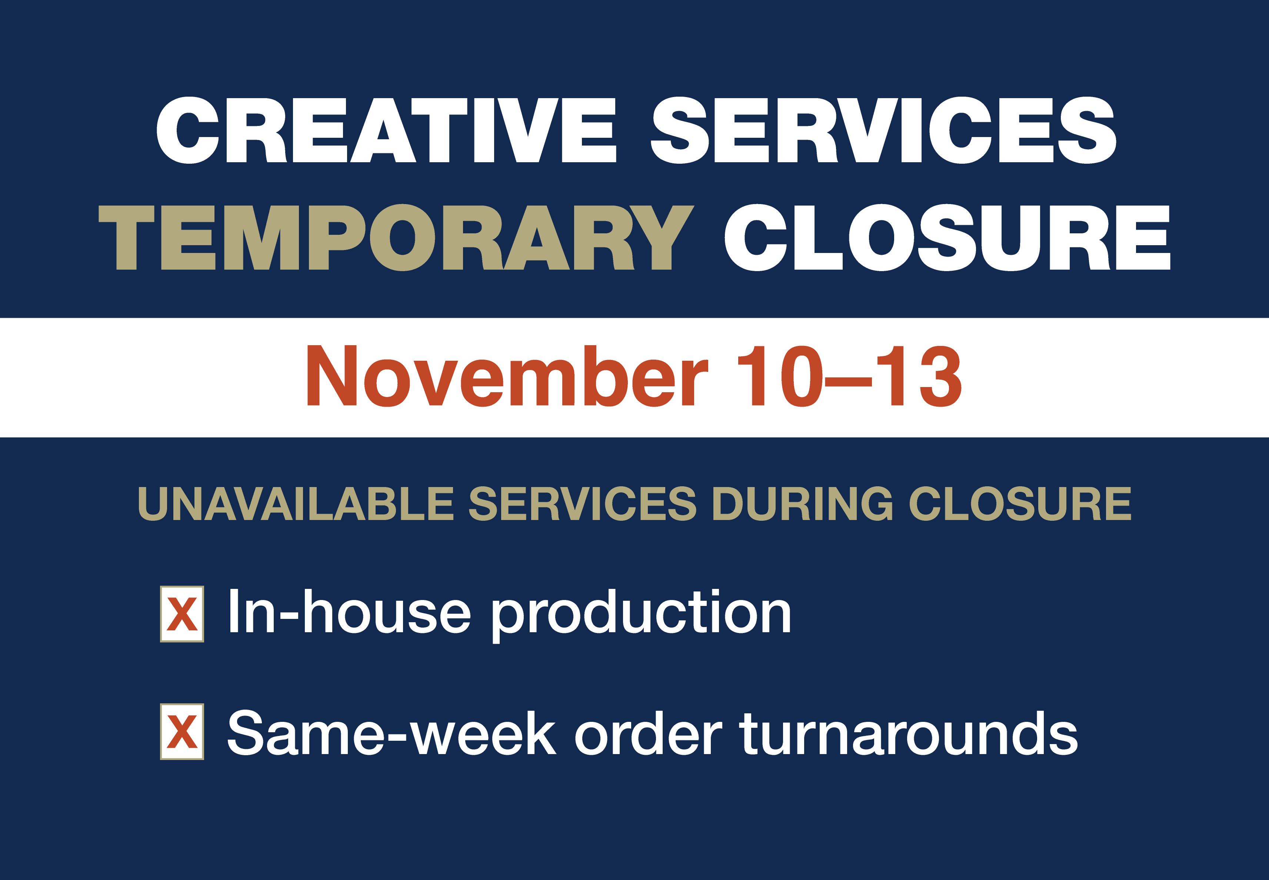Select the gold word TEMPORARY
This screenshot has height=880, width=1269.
[x=396, y=238]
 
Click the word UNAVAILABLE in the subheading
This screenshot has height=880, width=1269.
[x=296, y=503]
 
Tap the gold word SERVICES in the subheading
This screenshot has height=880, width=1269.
[x=583, y=503]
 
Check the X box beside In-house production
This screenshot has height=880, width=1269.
[x=182, y=614]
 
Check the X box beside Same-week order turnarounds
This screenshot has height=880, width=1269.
[x=182, y=732]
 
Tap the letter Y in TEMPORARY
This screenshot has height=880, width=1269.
[x=662, y=238]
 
